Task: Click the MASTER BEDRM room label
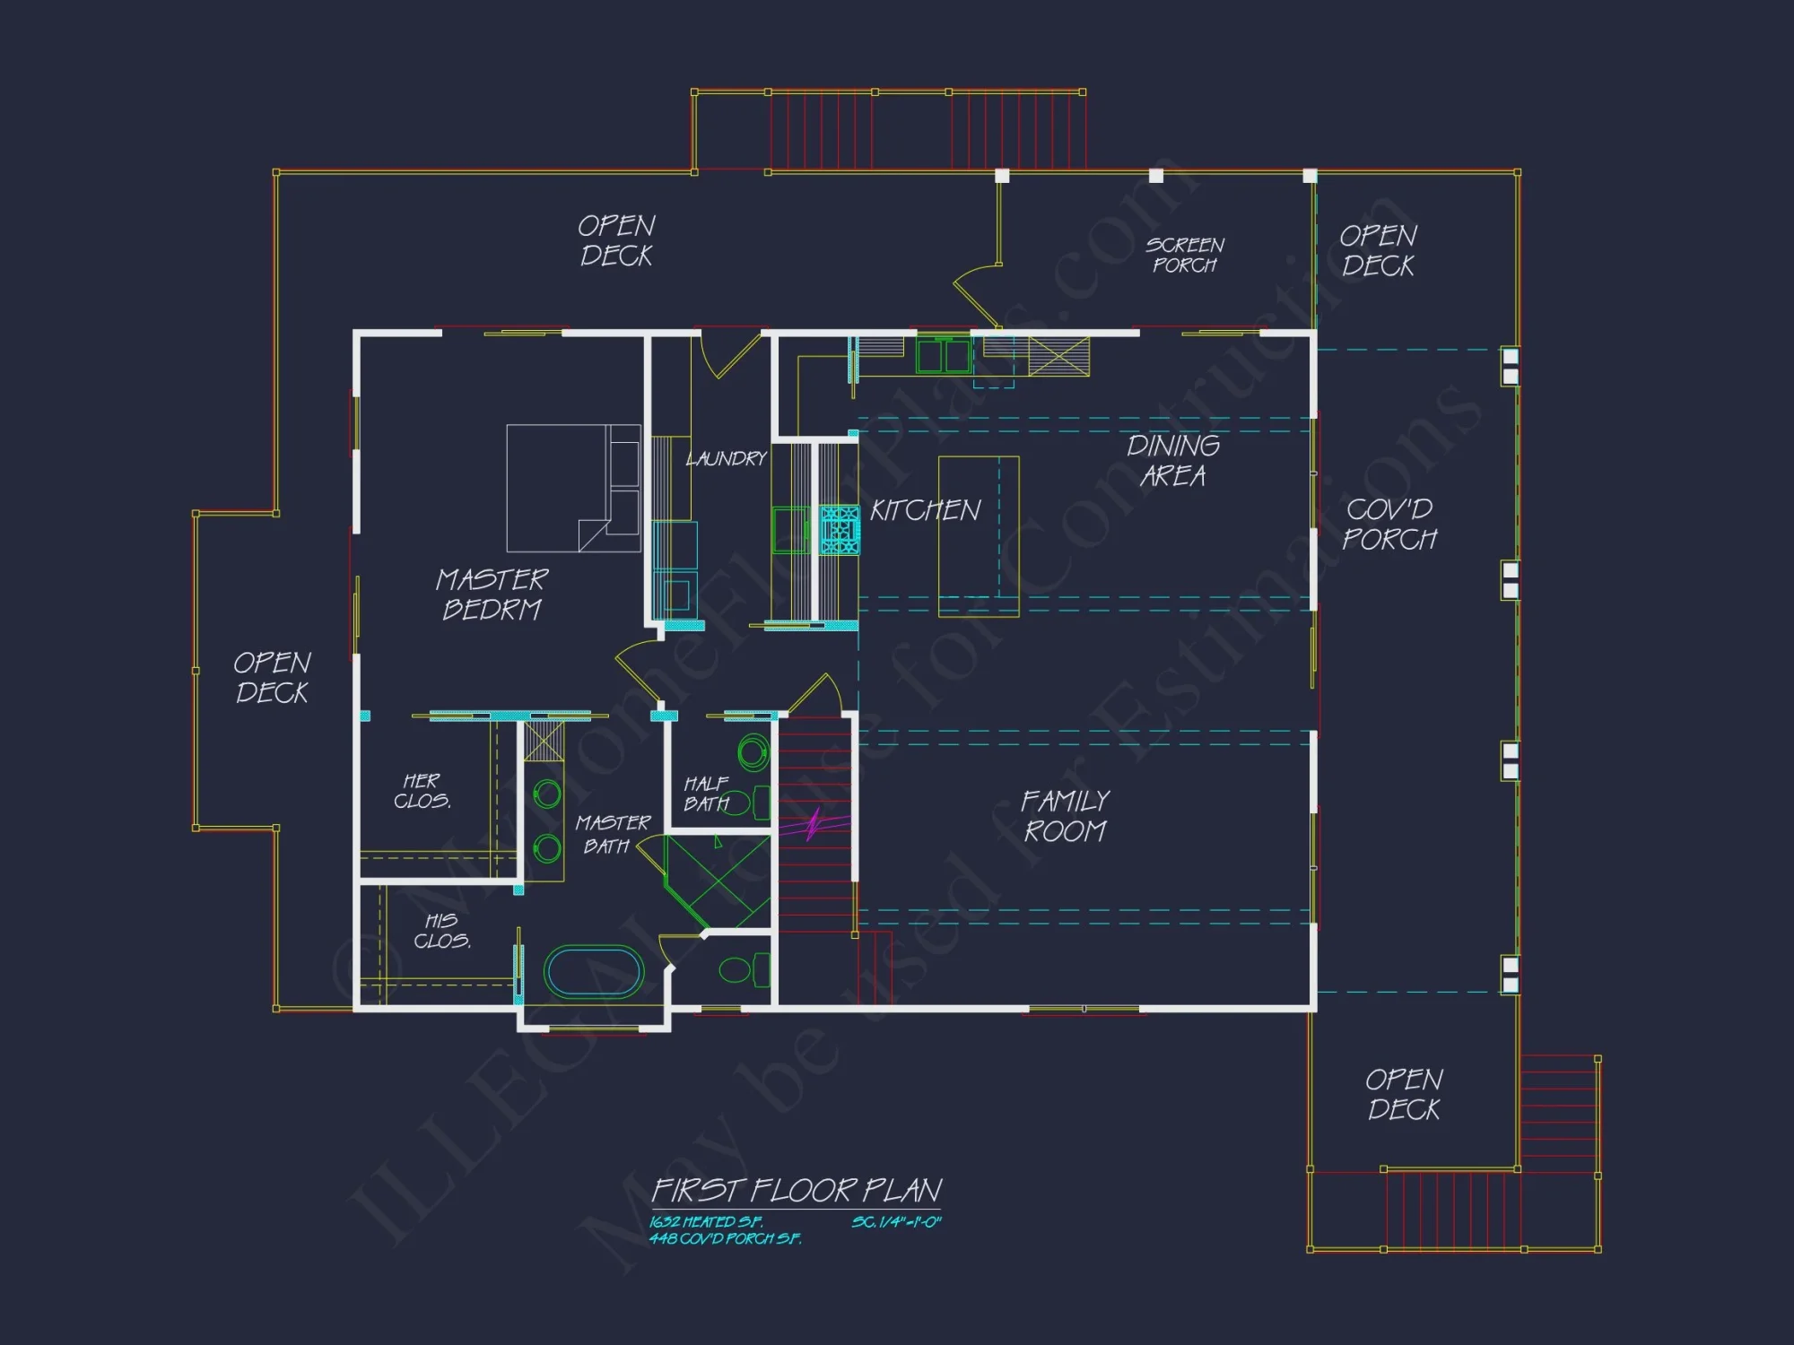pos(492,594)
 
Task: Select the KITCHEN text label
pos(925,510)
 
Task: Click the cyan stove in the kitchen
pos(840,529)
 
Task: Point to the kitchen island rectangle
pos(978,536)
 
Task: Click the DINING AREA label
pos(1172,460)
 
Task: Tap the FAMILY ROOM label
pos(1065,816)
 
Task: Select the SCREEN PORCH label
pos(1184,255)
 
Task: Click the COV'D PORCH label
pos(1389,524)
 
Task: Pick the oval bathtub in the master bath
pos(593,971)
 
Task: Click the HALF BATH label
pos(706,794)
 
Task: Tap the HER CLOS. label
pos(422,791)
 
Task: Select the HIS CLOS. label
pos(441,931)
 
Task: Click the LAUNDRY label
pos(726,459)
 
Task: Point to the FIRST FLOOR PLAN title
pos(796,1190)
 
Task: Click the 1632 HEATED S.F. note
pos(706,1221)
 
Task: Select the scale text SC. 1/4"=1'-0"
pos(895,1221)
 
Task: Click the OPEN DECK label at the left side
pos(272,677)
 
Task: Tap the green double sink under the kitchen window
pos(943,355)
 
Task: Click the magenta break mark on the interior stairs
pos(814,824)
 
